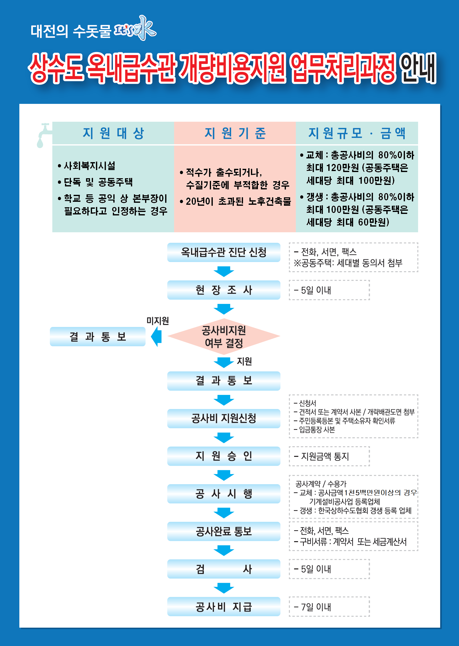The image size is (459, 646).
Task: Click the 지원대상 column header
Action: (x=113, y=133)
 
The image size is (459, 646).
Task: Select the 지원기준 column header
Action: (x=235, y=133)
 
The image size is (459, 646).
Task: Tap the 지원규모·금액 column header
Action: (x=357, y=133)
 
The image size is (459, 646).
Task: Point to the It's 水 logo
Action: (x=135, y=29)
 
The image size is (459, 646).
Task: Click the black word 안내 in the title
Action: (x=418, y=68)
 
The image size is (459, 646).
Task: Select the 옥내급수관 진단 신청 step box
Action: (x=224, y=252)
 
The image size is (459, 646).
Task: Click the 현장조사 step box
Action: (x=224, y=290)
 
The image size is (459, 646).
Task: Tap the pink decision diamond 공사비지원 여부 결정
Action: (x=224, y=336)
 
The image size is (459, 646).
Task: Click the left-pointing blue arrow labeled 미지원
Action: (x=156, y=336)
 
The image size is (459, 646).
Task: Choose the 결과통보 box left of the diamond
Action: (x=97, y=336)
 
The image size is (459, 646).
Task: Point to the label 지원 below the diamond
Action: (x=244, y=361)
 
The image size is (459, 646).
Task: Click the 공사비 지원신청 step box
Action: (x=224, y=418)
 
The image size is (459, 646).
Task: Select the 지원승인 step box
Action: (x=224, y=456)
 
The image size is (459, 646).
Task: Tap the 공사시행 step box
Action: (x=224, y=494)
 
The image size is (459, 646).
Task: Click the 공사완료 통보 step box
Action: (x=224, y=531)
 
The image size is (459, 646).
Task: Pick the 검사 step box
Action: (x=224, y=569)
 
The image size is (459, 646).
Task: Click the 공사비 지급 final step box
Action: (x=224, y=606)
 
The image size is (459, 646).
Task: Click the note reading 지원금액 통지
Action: (x=321, y=456)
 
